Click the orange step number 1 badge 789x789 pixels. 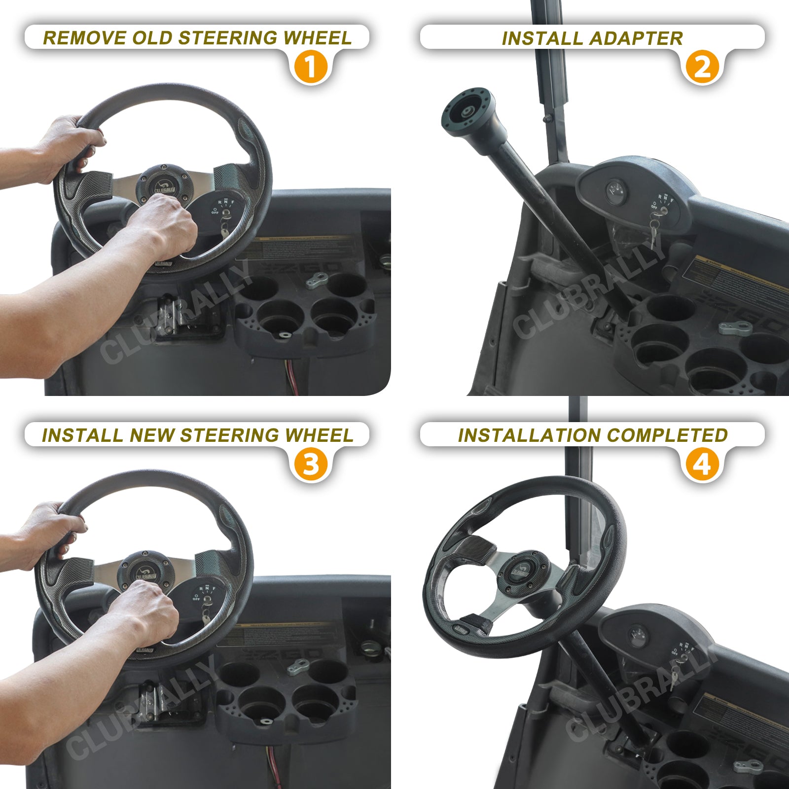coord(311,67)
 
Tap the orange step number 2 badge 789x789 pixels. coord(702,67)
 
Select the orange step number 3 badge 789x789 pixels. coord(311,464)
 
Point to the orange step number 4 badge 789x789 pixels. coord(702,464)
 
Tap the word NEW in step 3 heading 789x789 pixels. coord(152,435)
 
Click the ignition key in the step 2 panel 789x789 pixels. coord(655,232)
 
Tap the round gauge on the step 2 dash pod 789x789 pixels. coord(616,190)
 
